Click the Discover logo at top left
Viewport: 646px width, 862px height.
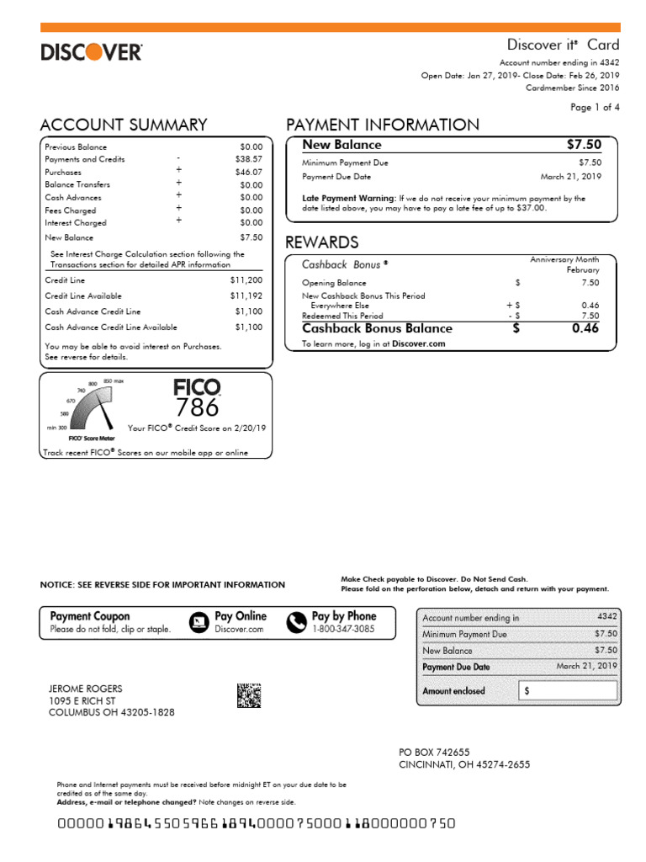click(92, 52)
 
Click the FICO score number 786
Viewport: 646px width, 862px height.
click(197, 407)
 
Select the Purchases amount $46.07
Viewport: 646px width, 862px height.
click(249, 172)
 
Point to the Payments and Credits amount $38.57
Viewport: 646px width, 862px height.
click(249, 159)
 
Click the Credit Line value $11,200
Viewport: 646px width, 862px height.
click(246, 279)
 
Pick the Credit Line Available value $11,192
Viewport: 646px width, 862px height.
click(246, 296)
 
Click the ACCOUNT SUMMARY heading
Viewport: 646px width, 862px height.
click(123, 125)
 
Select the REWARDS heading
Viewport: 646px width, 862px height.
click(322, 242)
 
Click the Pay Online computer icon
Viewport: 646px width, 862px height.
click(199, 621)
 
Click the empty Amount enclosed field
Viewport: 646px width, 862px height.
click(568, 691)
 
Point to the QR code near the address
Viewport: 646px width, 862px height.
click(249, 696)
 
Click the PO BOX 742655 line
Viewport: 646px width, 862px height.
click(434, 752)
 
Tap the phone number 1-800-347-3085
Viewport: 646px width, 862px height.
click(343, 629)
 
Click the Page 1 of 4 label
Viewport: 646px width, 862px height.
click(595, 108)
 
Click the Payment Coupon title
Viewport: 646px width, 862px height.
click(90, 616)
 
